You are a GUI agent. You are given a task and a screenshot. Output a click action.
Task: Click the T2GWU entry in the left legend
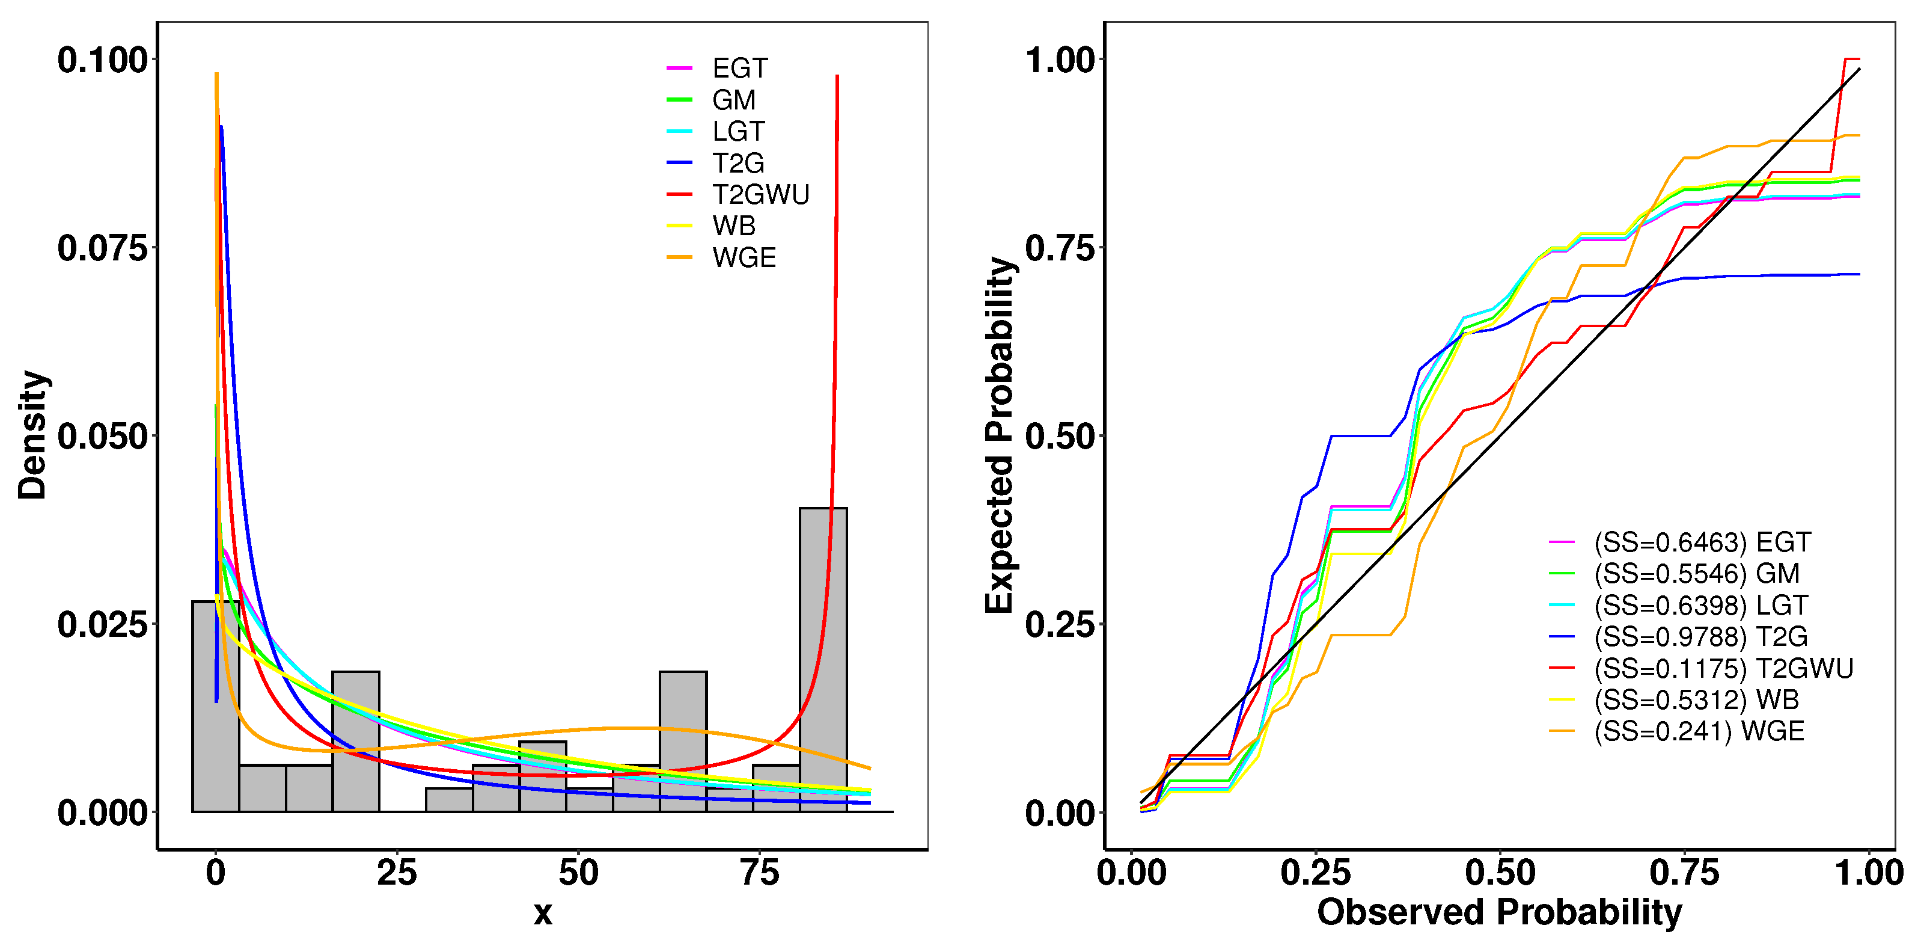coord(760,195)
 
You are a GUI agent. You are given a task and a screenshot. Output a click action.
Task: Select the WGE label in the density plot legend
coord(744,258)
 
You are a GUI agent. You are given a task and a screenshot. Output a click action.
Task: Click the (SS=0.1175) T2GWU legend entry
coord(1723,669)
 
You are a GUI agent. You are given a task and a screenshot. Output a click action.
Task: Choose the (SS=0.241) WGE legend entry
coord(1698,732)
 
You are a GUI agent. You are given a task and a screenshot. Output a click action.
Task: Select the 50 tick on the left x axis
coord(578,873)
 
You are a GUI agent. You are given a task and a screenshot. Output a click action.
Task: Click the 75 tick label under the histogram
coord(760,873)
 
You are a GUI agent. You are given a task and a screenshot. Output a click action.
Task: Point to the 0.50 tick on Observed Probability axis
coord(1500,873)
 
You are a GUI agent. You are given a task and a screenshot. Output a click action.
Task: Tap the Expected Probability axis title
coord(1000,435)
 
